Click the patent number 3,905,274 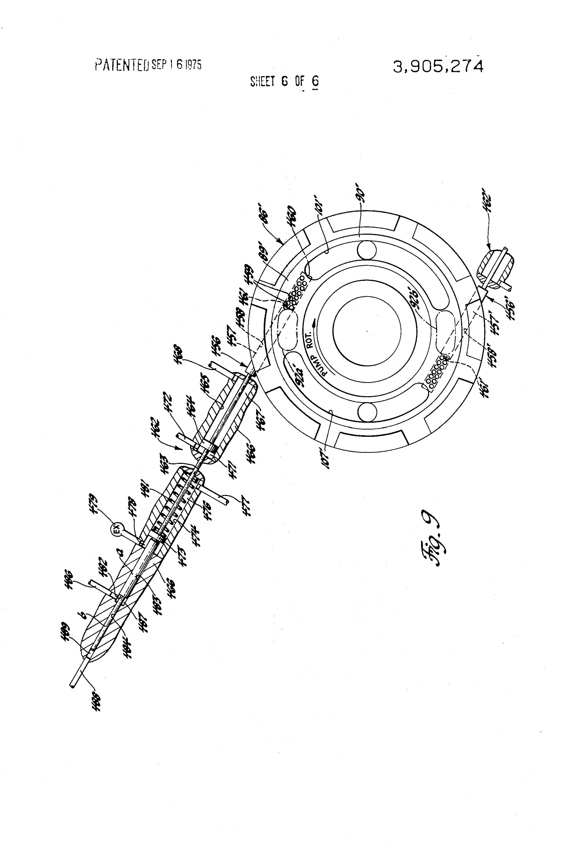click(439, 66)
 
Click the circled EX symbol click(116, 529)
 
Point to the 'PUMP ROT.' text click(317, 354)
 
